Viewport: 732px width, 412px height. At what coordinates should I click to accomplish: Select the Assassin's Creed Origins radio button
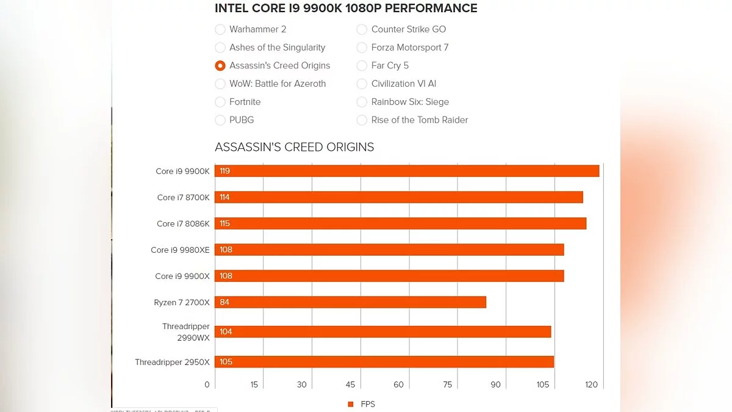220,66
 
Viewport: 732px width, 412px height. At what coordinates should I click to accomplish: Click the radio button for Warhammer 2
220,29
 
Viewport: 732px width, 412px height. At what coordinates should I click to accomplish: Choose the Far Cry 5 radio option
362,66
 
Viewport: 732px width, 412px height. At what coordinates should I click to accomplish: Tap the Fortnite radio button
220,102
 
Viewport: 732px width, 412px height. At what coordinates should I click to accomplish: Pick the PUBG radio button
220,120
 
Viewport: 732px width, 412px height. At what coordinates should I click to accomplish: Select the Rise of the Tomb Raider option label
420,120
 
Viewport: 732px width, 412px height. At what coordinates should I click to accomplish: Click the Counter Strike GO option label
409,29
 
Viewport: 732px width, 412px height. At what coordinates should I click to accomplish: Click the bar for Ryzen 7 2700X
350,302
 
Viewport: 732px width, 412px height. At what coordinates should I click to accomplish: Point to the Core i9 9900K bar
407,171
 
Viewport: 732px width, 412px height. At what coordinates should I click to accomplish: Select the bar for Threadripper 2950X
384,362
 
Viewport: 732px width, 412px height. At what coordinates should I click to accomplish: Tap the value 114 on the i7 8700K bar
225,197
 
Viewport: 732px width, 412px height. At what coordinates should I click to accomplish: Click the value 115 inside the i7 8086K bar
225,223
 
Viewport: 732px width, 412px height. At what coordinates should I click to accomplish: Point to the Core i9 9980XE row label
180,250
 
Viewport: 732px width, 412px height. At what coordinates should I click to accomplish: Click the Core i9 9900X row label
182,276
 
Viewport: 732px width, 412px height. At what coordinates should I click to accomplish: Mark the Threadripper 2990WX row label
185,332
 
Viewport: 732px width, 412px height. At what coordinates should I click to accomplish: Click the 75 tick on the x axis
447,385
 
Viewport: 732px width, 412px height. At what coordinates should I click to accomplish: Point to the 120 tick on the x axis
591,385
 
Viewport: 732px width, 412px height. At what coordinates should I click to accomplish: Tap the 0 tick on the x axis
207,385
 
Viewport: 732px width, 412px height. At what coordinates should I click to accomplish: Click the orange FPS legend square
351,404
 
